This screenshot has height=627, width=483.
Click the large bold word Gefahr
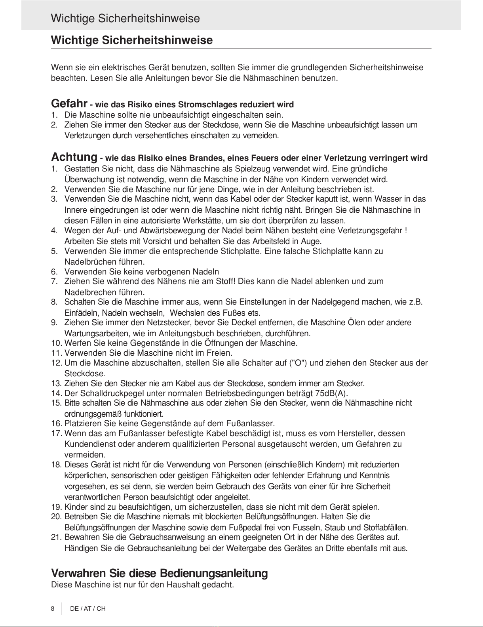[69, 104]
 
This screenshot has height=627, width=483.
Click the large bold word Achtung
[74, 157]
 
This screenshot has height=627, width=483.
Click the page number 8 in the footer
[53, 608]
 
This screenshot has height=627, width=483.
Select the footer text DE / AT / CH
[88, 608]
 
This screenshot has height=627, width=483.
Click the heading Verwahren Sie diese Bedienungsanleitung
[160, 573]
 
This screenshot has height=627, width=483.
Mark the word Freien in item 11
[220, 353]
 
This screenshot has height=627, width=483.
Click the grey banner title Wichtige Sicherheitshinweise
[125, 19]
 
